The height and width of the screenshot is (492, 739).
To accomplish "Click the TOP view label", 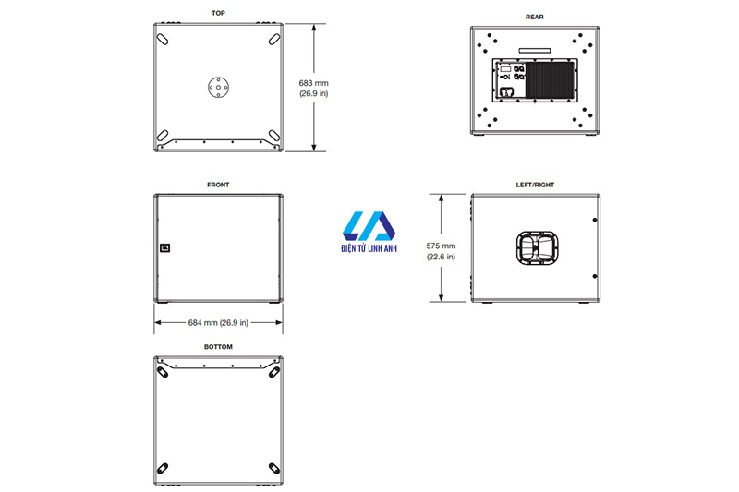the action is coord(218,13).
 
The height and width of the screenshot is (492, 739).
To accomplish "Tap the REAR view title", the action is coord(535,17).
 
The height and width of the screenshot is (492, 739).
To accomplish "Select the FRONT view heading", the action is coord(218,185).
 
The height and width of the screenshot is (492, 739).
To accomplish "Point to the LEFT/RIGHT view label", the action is coord(535,185).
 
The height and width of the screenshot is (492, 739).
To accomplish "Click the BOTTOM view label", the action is coord(218,347).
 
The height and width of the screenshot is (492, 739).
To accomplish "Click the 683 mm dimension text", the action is coord(313,83).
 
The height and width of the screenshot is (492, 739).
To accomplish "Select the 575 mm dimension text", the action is coord(441,246).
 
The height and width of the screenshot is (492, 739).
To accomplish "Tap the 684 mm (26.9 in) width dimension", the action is coord(218,322).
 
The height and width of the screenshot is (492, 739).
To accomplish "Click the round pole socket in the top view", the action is coord(218,87).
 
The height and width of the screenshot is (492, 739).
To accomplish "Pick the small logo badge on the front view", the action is coord(165,247).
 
